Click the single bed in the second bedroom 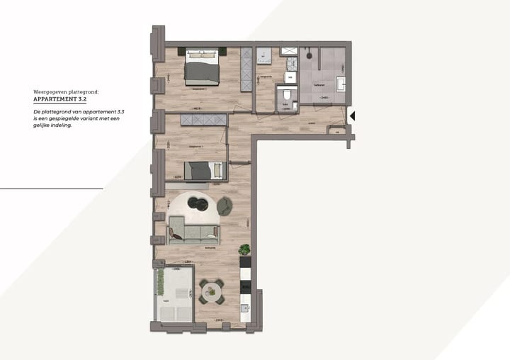point(204,171)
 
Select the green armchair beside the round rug point(225,206)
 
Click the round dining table point(211,290)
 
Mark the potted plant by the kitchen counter point(244,249)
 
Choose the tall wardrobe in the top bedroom point(246,69)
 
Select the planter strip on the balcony point(160,283)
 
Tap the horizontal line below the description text point(51,189)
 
